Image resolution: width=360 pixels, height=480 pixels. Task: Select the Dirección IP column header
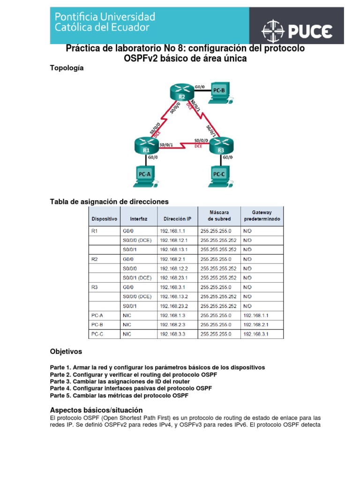click(x=177, y=218)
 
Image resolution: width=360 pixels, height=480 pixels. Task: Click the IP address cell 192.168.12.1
click(x=174, y=240)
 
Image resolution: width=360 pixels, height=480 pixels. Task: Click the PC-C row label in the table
click(x=97, y=334)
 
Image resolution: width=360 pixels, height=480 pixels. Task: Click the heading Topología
click(x=67, y=68)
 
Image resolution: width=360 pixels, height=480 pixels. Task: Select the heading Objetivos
click(x=66, y=351)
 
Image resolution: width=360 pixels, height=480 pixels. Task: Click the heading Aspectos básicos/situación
click(x=96, y=409)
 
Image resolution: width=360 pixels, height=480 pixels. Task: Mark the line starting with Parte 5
click(x=119, y=396)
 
